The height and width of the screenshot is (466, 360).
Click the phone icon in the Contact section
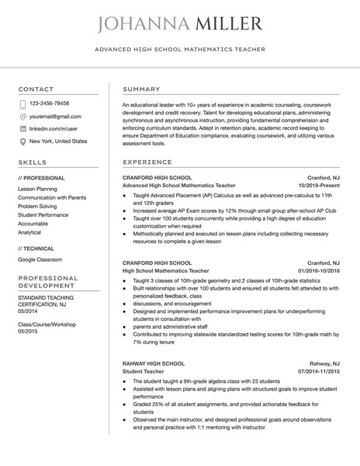pos(22,103)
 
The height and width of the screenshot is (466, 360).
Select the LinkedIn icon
pos(22,128)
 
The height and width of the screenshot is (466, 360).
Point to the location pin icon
pos(22,141)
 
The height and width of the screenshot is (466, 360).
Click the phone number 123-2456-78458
pos(49,103)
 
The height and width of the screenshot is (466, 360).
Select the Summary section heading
pos(142,89)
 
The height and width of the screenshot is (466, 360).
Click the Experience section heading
pos(147,162)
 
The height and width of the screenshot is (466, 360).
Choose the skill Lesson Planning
pos(37,189)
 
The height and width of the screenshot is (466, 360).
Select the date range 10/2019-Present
pos(320,186)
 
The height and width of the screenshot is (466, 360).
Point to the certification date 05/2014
pos(28,310)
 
